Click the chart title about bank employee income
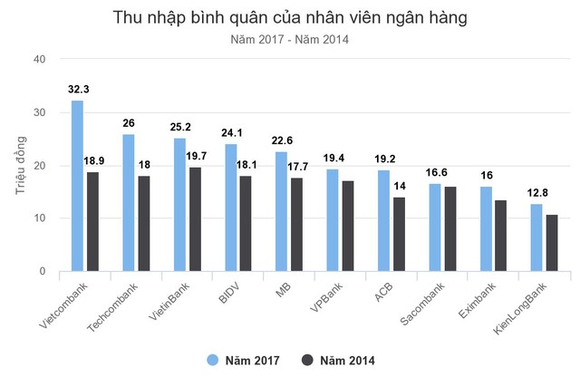pos(290,17)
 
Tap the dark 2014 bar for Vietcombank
pos(92,221)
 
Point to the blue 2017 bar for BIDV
pos(231,208)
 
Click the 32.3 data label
pos(78,90)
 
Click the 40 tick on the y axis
pos(39,60)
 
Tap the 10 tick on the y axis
pos(39,218)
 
